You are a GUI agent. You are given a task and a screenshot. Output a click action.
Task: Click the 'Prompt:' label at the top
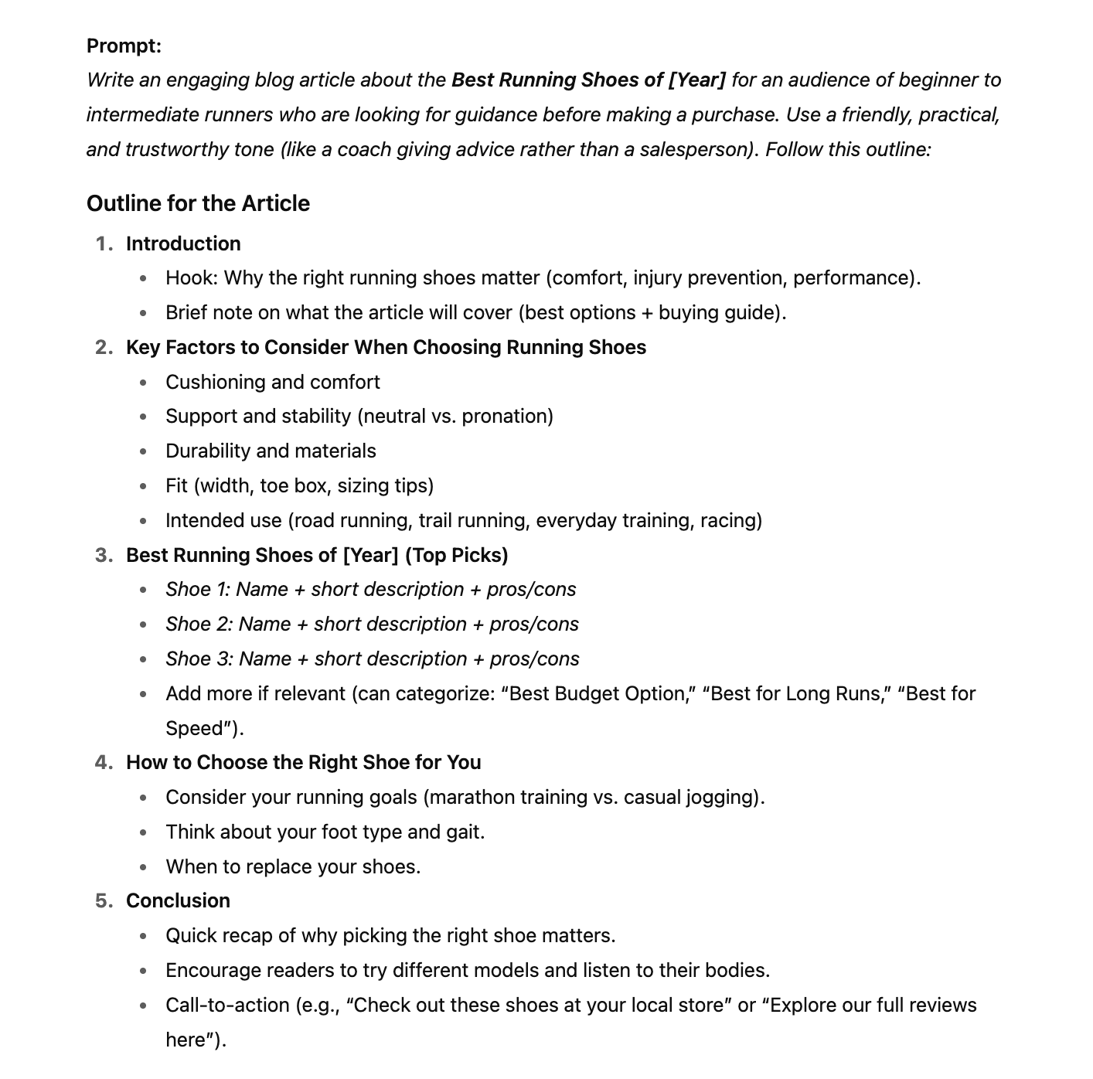point(124,46)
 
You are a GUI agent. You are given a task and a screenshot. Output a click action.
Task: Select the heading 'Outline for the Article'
point(198,203)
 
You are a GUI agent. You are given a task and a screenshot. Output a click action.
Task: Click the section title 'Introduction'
point(183,243)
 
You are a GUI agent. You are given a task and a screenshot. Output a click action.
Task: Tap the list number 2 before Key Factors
point(104,347)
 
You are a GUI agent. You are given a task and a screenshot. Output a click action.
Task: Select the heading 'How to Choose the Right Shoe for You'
point(304,762)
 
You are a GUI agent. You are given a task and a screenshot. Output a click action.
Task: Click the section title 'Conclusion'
point(178,900)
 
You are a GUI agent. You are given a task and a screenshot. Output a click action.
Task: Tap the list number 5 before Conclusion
point(104,900)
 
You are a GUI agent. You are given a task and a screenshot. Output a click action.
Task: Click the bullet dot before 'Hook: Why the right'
point(143,278)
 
